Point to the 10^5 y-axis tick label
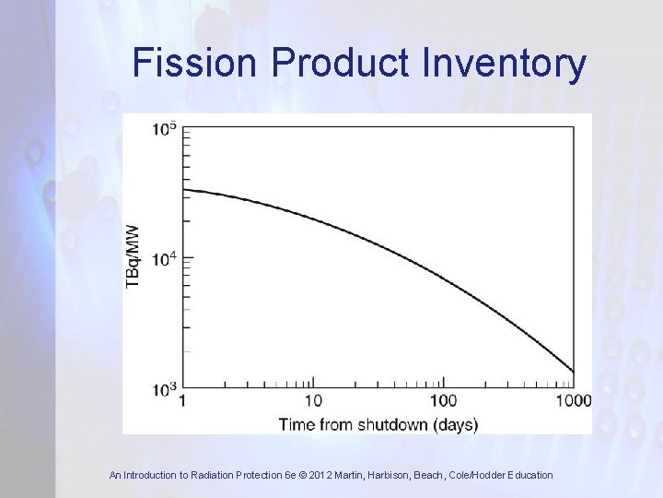pyautogui.click(x=166, y=129)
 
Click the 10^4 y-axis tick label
pyautogui.click(x=166, y=259)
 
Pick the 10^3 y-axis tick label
pyautogui.click(x=166, y=389)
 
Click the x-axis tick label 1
pyautogui.click(x=182, y=400)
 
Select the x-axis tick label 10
pyautogui.click(x=313, y=400)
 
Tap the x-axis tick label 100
pyautogui.click(x=443, y=400)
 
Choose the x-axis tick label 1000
pyautogui.click(x=573, y=400)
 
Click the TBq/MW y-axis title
pyautogui.click(x=134, y=255)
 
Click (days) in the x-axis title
pyautogui.click(x=455, y=424)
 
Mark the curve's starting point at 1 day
pyautogui.click(x=184, y=190)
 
